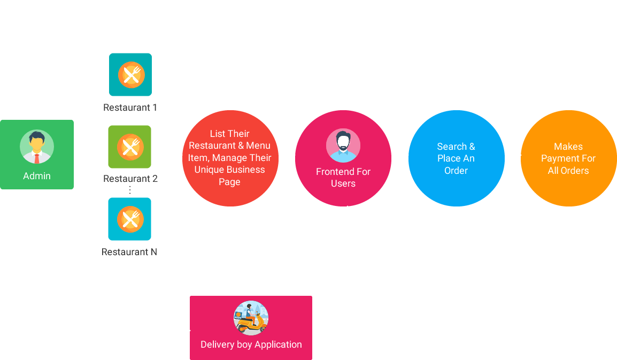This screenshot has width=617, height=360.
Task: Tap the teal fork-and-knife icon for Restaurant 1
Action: coord(130,74)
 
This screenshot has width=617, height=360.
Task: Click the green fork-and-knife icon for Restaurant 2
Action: coord(130,147)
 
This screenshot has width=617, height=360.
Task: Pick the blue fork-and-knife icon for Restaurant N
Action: coord(130,219)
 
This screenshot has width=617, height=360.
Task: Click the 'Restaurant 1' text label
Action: coord(130,108)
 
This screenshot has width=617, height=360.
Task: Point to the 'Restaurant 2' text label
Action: coord(130,179)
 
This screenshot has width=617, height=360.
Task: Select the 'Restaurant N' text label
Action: coord(129,252)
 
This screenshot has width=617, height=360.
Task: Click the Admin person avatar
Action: coord(37,147)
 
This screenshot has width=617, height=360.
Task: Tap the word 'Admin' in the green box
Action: coord(37,176)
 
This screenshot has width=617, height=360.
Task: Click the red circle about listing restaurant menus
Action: coord(230,158)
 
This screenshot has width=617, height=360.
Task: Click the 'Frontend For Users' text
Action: coord(343,178)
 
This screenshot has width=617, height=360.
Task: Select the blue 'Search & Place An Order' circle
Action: coord(456,158)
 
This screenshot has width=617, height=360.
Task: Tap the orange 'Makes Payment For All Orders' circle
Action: coord(568,158)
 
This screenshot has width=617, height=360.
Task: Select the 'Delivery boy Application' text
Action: coord(251,344)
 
